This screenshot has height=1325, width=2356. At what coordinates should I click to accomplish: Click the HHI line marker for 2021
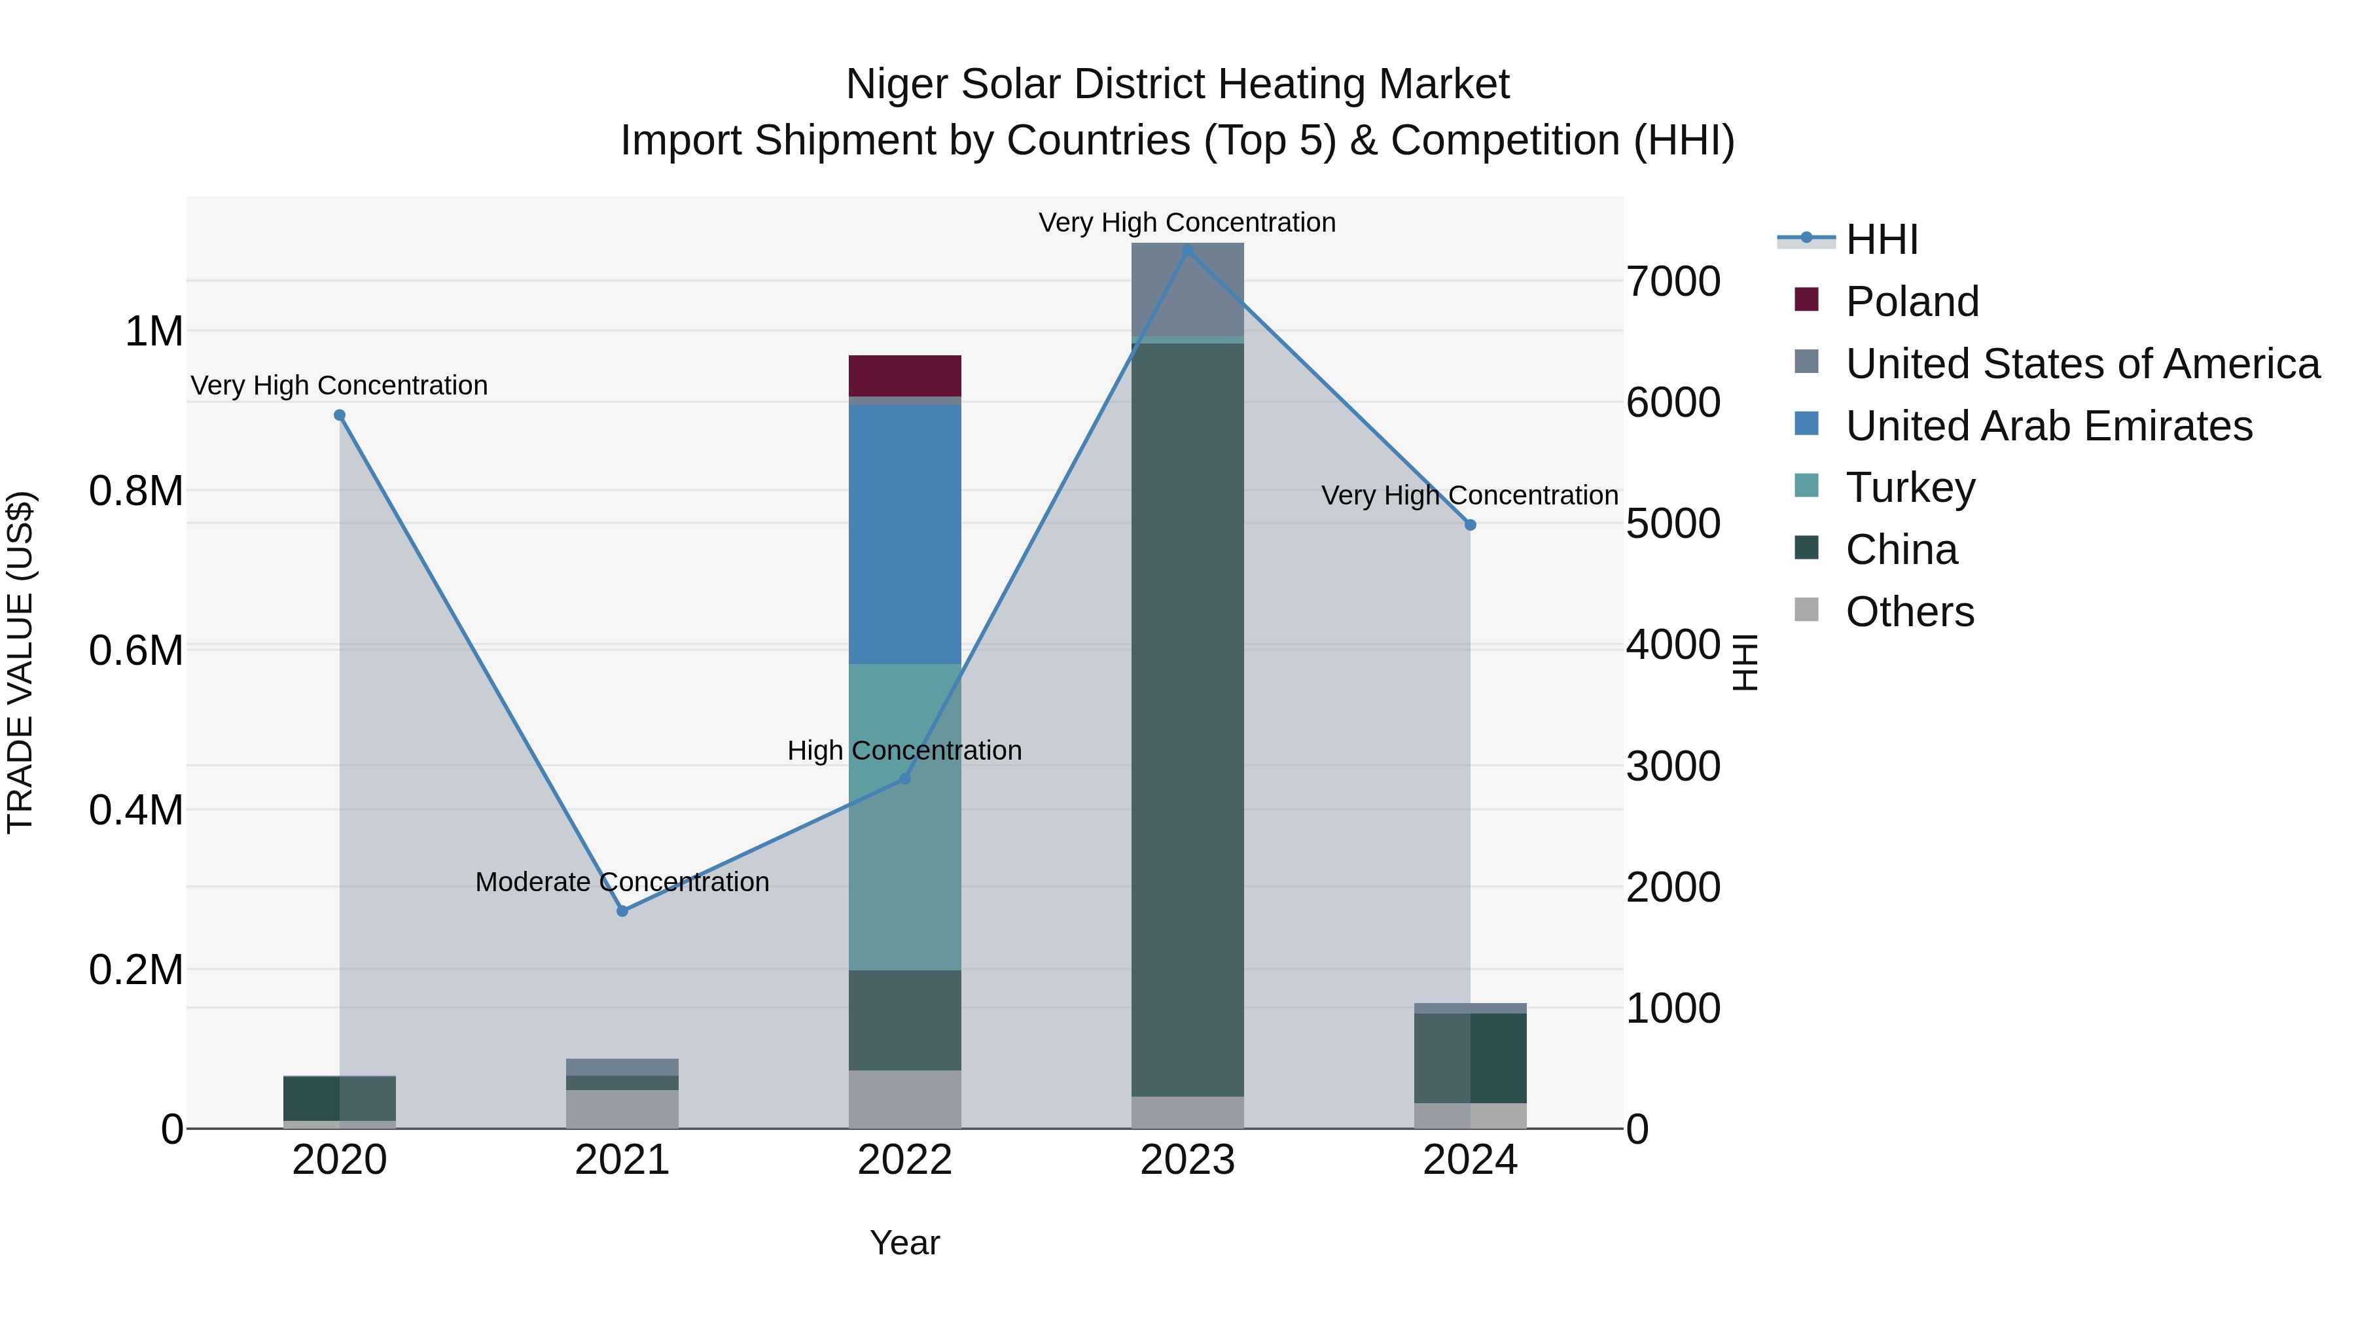(622, 911)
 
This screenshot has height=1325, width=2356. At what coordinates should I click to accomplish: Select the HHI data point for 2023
(1187, 250)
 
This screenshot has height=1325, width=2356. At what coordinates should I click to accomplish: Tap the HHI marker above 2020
(339, 415)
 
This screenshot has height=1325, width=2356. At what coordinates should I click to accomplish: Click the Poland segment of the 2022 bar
(904, 375)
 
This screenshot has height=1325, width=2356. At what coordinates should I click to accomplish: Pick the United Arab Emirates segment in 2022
(904, 535)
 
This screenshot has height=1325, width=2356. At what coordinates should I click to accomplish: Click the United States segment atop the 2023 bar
(1187, 289)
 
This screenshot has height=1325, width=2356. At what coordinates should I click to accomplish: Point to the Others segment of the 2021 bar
(622, 1108)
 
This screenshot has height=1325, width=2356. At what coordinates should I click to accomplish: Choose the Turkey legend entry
(1910, 487)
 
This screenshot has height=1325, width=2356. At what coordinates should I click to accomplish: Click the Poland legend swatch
(1806, 299)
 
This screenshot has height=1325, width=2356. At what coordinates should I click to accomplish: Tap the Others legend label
(1910, 612)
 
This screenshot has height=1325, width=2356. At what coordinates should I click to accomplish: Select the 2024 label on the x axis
(1470, 1160)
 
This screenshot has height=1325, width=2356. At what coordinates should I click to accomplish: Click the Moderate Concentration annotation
(622, 881)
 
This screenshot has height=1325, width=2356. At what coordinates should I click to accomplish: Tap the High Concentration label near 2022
(904, 750)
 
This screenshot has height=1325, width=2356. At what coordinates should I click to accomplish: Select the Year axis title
(904, 1243)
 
